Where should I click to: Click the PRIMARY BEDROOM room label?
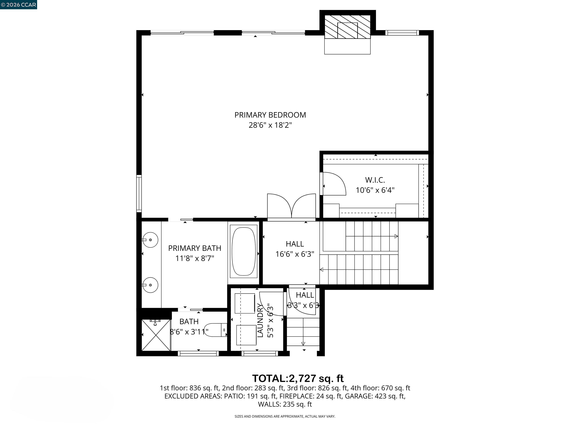(x=270, y=115)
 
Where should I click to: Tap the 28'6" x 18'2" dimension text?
(x=270, y=125)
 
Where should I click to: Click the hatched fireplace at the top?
(x=347, y=27)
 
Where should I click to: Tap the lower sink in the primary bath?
(x=150, y=285)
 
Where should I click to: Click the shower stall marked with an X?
(x=156, y=335)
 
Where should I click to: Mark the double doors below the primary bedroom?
(x=291, y=206)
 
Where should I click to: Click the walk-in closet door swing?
(x=334, y=184)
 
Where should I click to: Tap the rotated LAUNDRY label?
(x=260, y=320)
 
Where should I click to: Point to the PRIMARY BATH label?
(x=195, y=248)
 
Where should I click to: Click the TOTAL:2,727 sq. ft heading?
(x=298, y=378)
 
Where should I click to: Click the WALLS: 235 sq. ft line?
(x=285, y=404)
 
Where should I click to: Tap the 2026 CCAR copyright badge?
(x=18, y=5)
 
